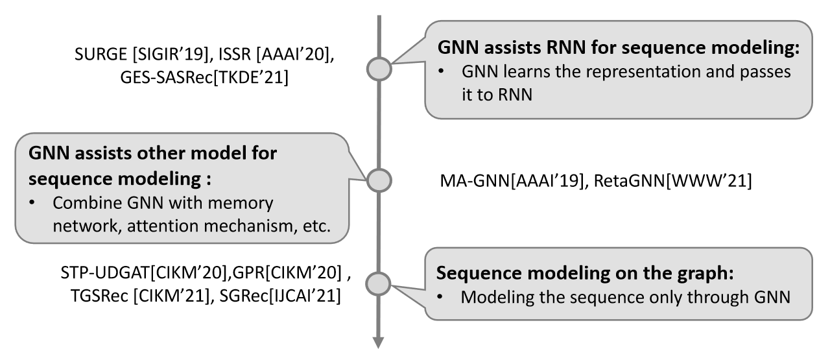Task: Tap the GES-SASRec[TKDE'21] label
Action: tap(204, 77)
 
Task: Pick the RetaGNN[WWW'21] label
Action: tap(673, 180)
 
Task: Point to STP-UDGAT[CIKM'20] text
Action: tap(143, 273)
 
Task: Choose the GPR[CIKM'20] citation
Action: tap(287, 273)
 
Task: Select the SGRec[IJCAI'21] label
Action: tap(280, 296)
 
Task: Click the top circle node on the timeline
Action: tap(379, 69)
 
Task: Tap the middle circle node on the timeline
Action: tap(379, 180)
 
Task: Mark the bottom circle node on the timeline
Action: tap(378, 284)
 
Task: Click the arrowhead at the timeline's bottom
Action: tap(378, 342)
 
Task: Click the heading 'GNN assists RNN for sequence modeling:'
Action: tap(619, 47)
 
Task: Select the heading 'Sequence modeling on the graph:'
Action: tap(585, 273)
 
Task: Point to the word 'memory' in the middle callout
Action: tap(241, 203)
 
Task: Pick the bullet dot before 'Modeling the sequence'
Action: tap(440, 296)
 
